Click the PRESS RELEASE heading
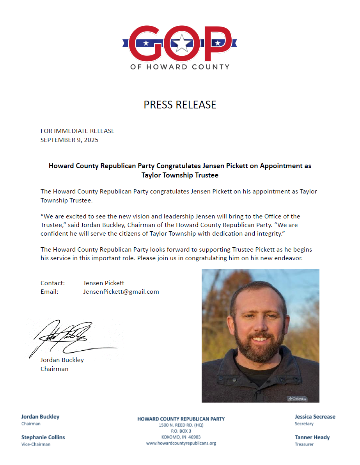coord(180,105)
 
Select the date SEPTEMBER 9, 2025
coord(69,140)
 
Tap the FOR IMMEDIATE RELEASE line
coord(78,131)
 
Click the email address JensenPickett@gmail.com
coord(121,291)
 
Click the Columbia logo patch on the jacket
coord(297,398)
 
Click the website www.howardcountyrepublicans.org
coord(181,443)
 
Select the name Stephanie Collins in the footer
coord(43,437)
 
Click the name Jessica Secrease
coord(315,417)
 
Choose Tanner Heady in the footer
coord(312,437)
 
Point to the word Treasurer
coord(304,444)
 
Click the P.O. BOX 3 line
coord(181,431)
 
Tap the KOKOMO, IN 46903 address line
coord(181,437)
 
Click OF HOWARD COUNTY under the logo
coord(180,67)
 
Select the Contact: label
coord(53,283)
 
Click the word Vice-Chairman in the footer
coord(35,444)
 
